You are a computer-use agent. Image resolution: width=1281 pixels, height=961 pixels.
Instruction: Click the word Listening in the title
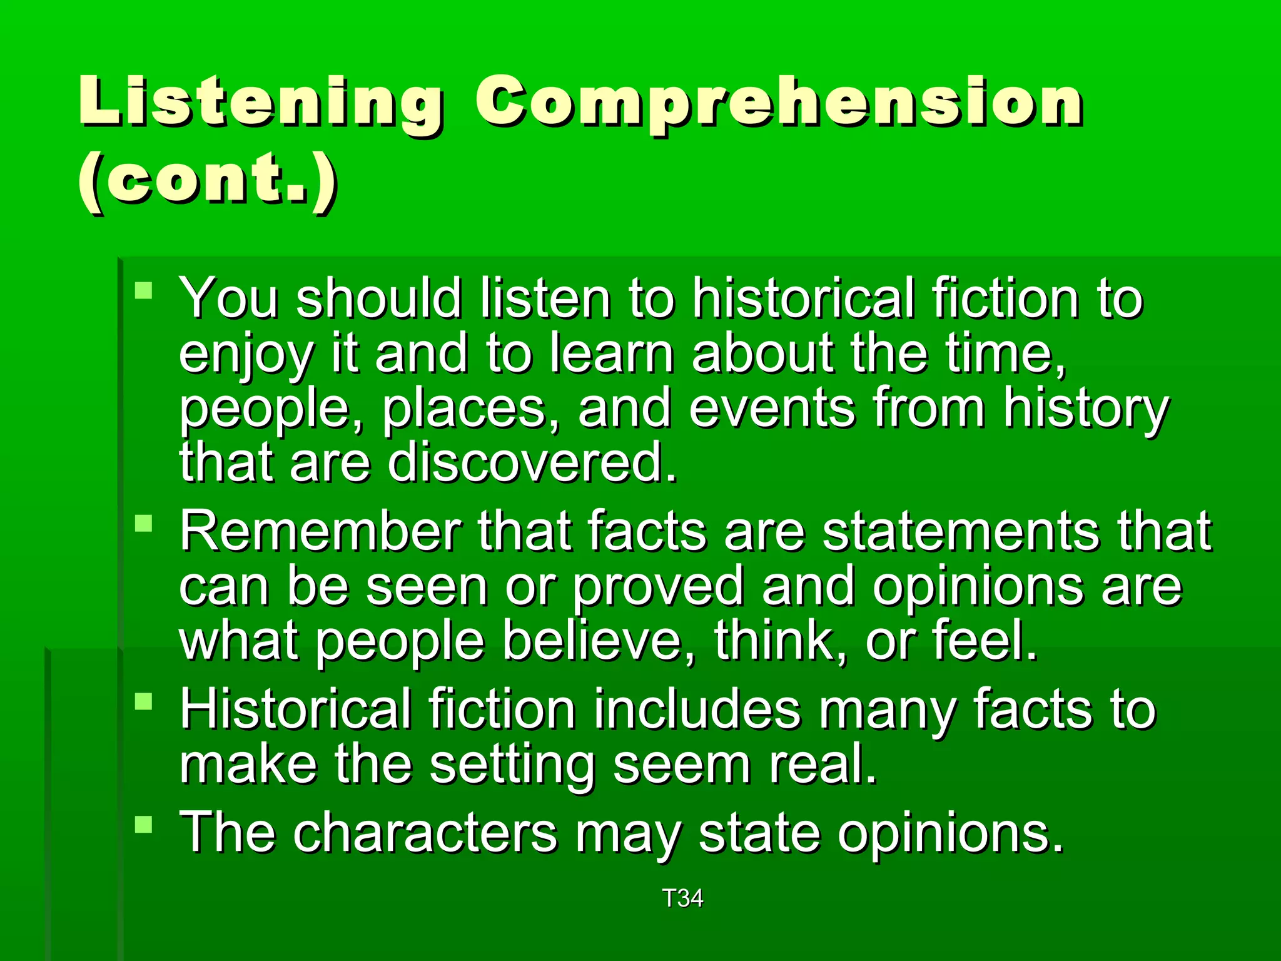point(260,102)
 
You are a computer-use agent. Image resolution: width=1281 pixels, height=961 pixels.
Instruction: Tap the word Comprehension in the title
point(778,102)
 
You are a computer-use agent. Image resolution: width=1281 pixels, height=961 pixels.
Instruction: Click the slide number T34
point(682,898)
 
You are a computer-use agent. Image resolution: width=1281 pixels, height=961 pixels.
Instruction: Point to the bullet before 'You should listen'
point(144,291)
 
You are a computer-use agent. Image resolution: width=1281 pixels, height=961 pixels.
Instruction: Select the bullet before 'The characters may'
point(144,824)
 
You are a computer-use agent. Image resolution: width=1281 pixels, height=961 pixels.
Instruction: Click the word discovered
point(532,462)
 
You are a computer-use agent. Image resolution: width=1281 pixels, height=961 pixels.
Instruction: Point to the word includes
point(697,709)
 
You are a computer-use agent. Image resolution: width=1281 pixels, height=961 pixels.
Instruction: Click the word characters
point(425,833)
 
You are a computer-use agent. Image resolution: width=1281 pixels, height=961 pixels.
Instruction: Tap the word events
point(772,409)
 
